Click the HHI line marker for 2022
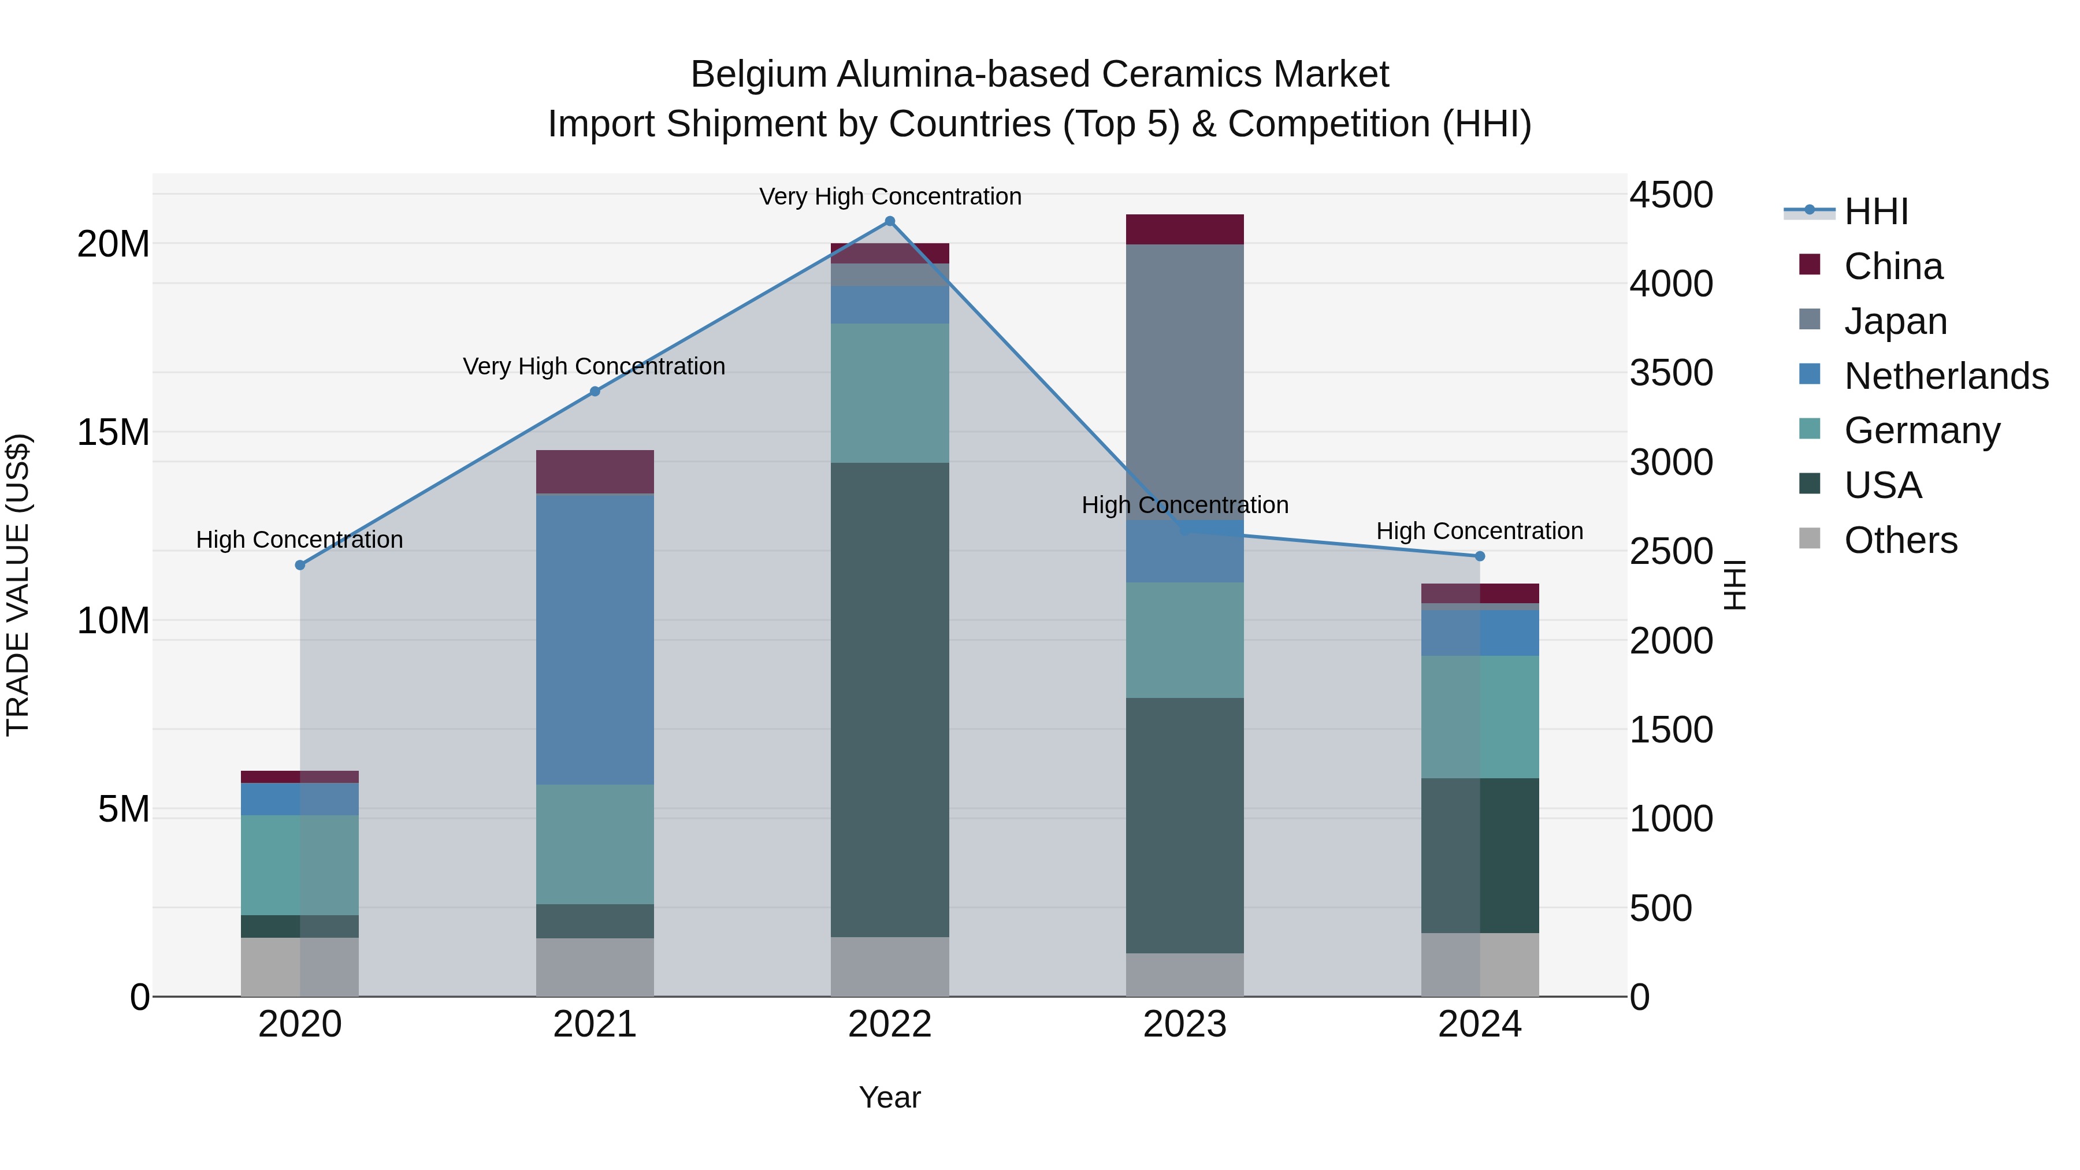[x=890, y=221]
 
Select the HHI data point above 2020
[x=299, y=565]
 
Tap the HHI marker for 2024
[x=1479, y=556]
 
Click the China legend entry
[x=1893, y=266]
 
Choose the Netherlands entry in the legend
[x=1946, y=376]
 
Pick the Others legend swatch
[x=1810, y=538]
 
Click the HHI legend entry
[x=1875, y=211]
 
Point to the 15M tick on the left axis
[x=113, y=433]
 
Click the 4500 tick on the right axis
[x=1670, y=195]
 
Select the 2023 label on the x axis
[x=1184, y=1024]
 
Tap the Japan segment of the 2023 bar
[x=1184, y=380]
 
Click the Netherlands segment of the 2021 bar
[x=595, y=638]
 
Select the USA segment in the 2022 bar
[x=890, y=699]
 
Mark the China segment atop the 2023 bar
[x=1184, y=229]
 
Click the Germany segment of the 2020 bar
[x=299, y=865]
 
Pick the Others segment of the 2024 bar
[x=1479, y=965]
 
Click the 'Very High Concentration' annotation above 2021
[x=595, y=366]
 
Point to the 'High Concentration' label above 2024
[x=1479, y=532]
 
